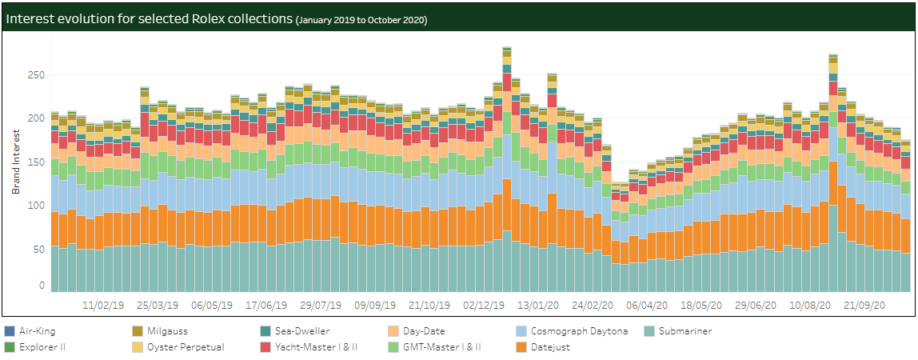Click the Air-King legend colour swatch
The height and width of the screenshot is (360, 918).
click(x=9, y=331)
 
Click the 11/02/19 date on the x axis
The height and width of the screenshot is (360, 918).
click(x=103, y=306)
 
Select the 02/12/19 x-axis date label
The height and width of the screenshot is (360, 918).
click(x=484, y=306)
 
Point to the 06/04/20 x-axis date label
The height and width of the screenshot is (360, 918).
click(x=646, y=306)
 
